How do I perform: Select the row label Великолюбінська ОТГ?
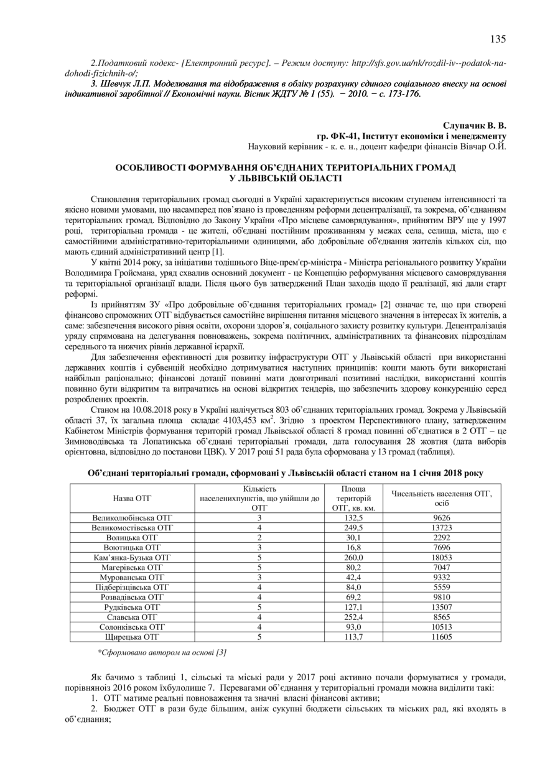tap(132, 517)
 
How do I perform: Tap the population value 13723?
tap(441, 527)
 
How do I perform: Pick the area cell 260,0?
tap(353, 558)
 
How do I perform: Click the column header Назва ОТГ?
tap(132, 498)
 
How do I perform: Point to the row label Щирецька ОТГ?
tap(132, 637)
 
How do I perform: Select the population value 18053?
tap(441, 558)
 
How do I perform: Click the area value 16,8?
tap(353, 547)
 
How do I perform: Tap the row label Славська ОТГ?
tap(132, 617)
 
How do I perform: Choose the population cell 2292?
tap(441, 537)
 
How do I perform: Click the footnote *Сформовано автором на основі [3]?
tap(162, 652)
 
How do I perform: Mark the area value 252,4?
tap(353, 617)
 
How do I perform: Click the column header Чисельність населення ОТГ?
tap(441, 494)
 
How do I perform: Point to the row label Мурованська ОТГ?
tap(132, 578)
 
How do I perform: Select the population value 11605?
tap(441, 637)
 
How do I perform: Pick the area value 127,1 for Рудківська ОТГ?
tap(353, 607)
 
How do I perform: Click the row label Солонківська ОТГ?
tap(132, 627)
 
